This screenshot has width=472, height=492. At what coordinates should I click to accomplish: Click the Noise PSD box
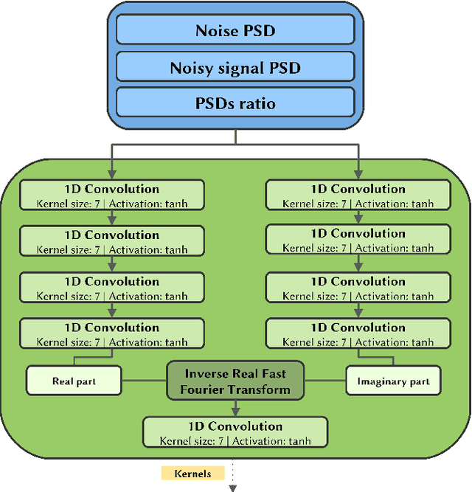[236, 30]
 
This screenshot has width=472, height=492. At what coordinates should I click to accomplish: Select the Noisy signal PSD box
[236, 67]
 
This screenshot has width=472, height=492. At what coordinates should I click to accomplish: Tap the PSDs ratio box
[236, 103]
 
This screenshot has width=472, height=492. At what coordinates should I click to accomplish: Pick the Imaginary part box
[393, 381]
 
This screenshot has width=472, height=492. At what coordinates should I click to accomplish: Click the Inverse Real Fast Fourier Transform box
[236, 381]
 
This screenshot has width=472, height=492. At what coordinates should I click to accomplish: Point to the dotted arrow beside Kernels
[234, 476]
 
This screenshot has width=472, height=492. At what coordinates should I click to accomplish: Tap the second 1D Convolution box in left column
[111, 242]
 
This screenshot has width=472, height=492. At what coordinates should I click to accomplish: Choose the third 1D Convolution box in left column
[111, 288]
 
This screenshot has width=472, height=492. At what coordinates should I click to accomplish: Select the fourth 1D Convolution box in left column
[111, 334]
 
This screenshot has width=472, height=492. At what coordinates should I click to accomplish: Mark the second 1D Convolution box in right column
[358, 240]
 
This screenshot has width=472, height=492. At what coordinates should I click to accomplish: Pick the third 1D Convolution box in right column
[358, 288]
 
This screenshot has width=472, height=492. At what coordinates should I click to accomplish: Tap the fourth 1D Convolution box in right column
[358, 334]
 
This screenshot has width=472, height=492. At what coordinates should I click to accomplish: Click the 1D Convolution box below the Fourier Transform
[235, 433]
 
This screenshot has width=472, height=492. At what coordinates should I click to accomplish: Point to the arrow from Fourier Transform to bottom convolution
[235, 408]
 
